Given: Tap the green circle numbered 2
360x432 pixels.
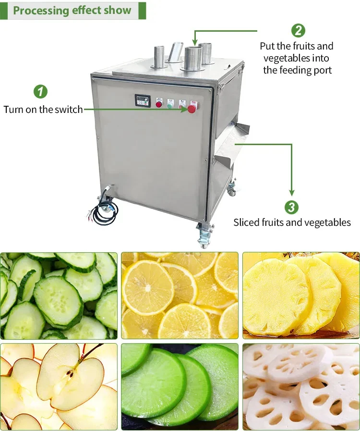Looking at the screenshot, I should [298, 31].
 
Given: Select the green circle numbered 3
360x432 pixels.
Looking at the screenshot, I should [291, 207].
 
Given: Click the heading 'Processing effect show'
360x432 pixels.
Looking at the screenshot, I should [72, 10].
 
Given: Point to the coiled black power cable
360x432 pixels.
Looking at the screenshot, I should [106, 211].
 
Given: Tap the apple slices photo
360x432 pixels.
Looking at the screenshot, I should [59, 386].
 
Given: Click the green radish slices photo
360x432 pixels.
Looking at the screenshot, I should [180, 386].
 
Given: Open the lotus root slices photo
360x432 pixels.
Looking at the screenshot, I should [301, 386].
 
